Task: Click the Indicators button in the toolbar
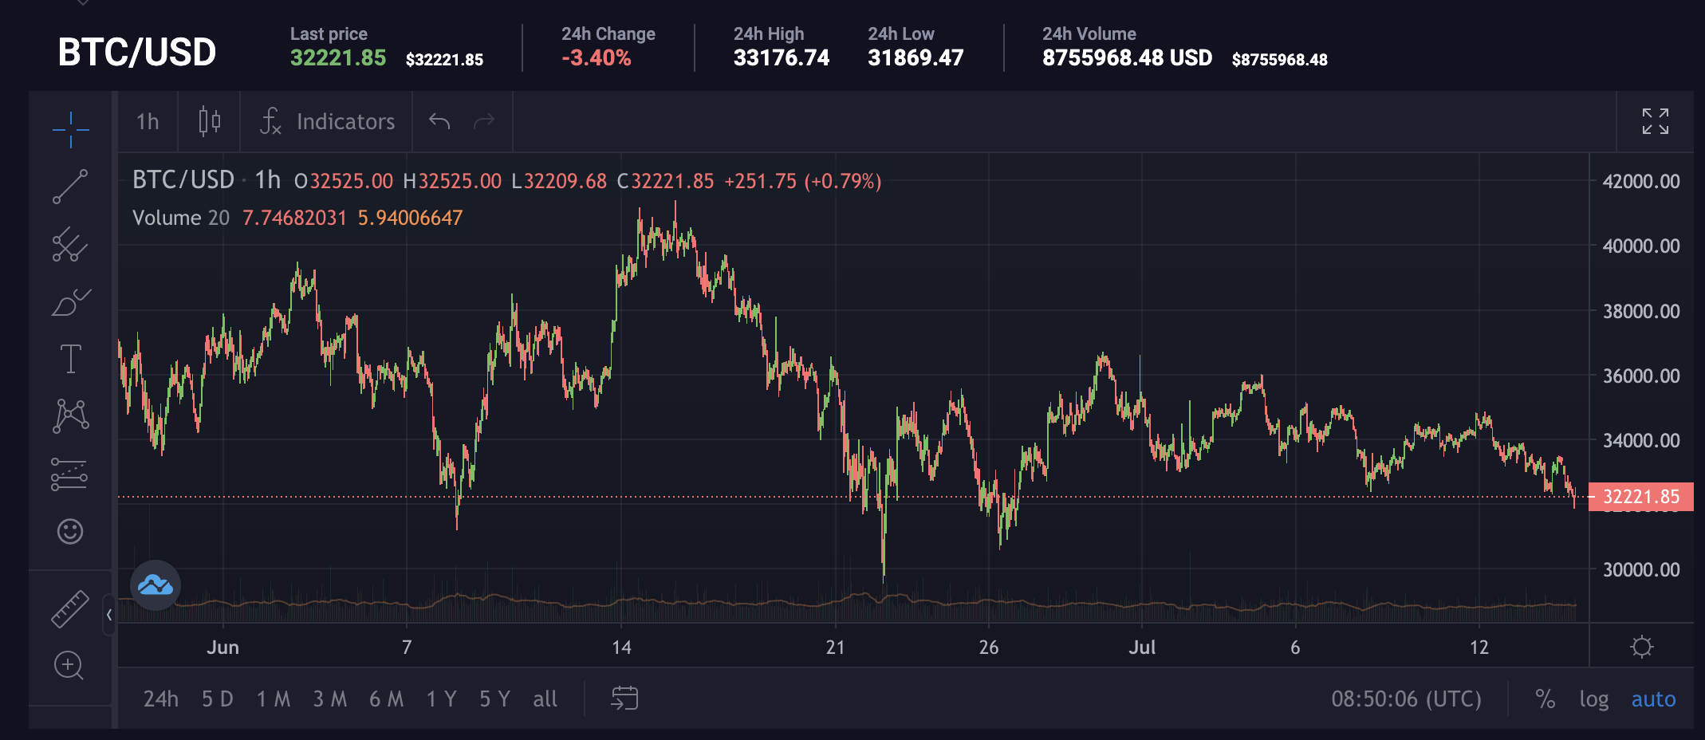pos(328,121)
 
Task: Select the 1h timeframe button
pos(148,121)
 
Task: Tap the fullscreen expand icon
pos(1655,121)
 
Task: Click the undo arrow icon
pos(439,121)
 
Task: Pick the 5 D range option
pos(217,699)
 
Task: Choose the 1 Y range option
pos(441,699)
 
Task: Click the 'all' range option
pos(545,699)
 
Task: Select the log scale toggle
pos(1593,699)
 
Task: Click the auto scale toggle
pos(1653,699)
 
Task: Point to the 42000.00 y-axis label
pos(1641,181)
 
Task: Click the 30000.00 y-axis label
pos(1641,569)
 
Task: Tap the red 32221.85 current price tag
pos(1640,497)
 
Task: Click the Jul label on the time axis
pos(1142,647)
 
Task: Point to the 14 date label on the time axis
pos(621,647)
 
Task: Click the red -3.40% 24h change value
pos(596,58)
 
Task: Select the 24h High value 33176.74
pos(782,58)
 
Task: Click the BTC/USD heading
pos(137,53)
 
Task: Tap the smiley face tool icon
pos(70,531)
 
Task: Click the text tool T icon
pos(70,359)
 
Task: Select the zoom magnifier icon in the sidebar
pos(69,665)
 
